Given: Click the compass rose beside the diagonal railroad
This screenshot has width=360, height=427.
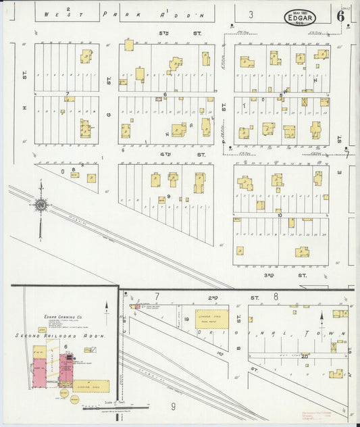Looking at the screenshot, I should click(41, 205).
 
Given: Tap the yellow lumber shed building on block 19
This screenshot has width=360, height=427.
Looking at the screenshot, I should click(211, 320).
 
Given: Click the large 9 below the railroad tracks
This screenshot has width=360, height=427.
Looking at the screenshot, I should click(172, 407).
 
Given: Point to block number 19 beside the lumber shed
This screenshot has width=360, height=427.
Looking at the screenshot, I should click(186, 318).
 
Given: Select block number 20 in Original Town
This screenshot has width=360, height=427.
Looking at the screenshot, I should click(305, 356).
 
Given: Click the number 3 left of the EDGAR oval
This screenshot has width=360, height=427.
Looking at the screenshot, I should click(251, 14).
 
